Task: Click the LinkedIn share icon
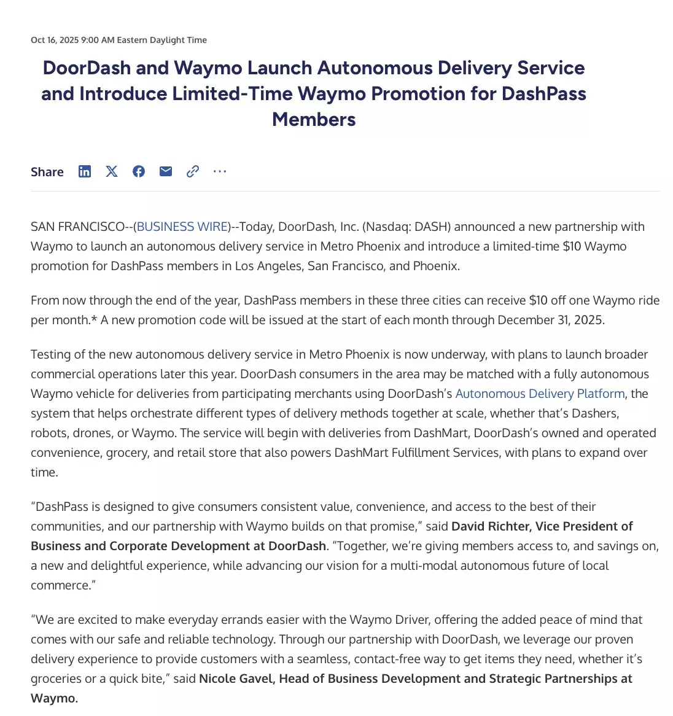pos(85,171)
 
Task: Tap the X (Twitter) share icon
pos(112,171)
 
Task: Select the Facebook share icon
pos(139,171)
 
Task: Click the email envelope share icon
pos(166,171)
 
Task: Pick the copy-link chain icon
pos(193,171)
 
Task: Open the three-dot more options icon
pos(220,171)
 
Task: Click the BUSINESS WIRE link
pos(182,227)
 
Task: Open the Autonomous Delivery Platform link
pos(540,394)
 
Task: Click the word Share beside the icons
pos(47,172)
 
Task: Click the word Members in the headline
pos(314,119)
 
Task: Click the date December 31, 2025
pos(551,320)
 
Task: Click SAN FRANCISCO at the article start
pos(77,227)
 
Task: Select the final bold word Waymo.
pos(54,698)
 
